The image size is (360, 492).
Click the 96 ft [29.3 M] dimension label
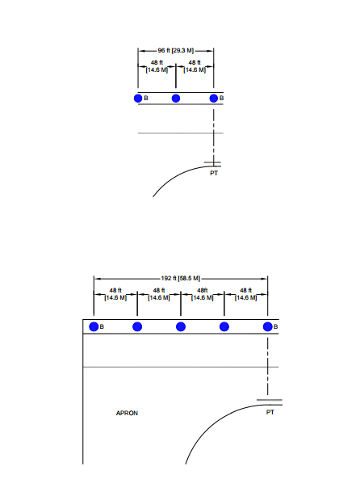tap(176, 51)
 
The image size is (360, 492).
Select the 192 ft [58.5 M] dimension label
tap(181, 279)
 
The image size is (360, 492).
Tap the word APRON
tap(127, 413)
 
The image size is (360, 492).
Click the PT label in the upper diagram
tap(214, 173)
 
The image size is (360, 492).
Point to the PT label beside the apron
tap(270, 412)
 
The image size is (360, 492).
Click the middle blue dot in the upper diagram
tap(176, 99)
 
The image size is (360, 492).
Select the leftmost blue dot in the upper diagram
tap(138, 99)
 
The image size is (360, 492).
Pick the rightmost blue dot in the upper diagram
tap(214, 99)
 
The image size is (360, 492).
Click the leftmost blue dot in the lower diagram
tap(94, 326)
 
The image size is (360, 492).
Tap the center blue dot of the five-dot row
tap(181, 326)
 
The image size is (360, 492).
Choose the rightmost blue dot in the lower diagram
tap(268, 326)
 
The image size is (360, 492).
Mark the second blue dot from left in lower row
tap(137, 326)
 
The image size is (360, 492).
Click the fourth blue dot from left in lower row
tap(224, 326)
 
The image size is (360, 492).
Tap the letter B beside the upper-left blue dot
tap(146, 99)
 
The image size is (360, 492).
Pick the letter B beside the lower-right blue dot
tap(275, 326)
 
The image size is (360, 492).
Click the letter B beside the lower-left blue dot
tap(102, 326)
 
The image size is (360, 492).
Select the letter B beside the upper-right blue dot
tap(222, 99)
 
